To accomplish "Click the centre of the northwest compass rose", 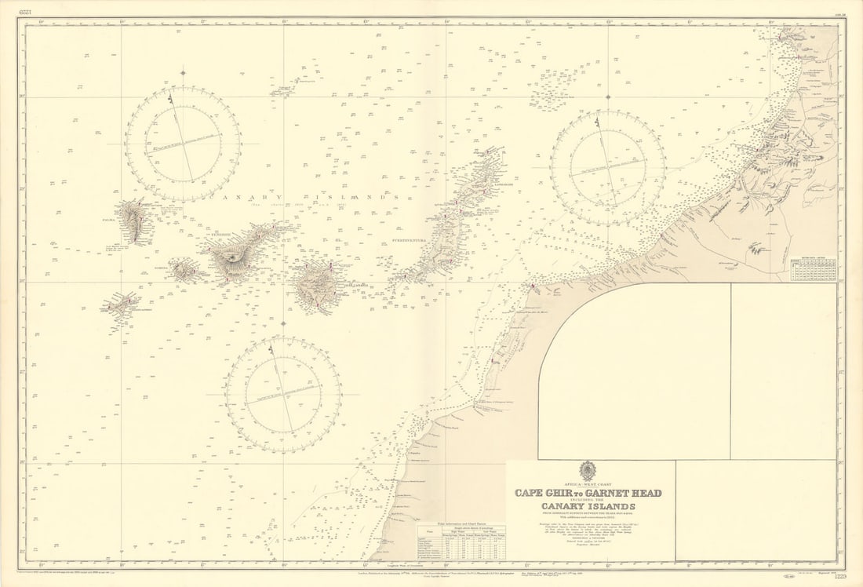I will click(x=183, y=144).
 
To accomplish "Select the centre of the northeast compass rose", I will click(x=608, y=167).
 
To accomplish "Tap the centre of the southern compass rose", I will click(x=283, y=395).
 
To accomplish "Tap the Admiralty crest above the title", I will click(x=588, y=472).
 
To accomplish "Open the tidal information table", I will click(x=460, y=542).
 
